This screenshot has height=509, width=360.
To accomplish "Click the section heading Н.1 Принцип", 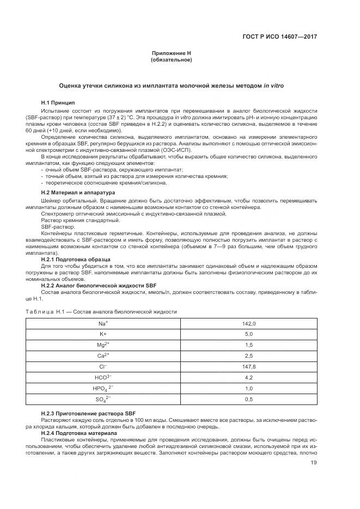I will pos(58,103).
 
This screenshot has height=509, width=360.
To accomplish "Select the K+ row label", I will pos(102,334).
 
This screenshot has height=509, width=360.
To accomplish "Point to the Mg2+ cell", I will pos(102,345).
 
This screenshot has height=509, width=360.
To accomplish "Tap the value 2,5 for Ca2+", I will pos(249,356).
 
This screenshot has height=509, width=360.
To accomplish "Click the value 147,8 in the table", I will pos(249,366).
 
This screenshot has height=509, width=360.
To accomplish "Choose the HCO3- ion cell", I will pos(102,377).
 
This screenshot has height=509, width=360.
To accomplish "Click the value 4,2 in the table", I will pos(249,377).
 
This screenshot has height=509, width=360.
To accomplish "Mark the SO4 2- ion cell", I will pos(102,400).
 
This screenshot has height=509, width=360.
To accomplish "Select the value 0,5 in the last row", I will pos(249,400).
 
